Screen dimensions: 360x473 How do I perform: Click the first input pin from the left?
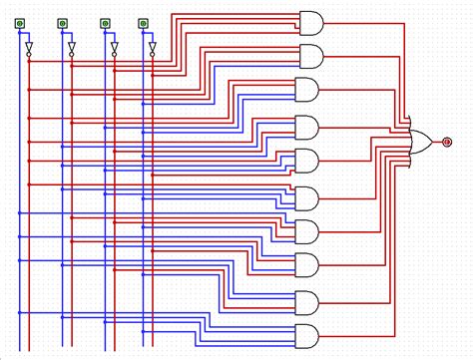(x=20, y=21)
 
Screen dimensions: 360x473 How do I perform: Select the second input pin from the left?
(x=62, y=21)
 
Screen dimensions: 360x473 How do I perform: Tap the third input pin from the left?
(x=105, y=21)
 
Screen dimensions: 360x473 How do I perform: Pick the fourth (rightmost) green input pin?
(x=142, y=21)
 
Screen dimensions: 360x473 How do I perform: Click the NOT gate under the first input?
(x=28, y=48)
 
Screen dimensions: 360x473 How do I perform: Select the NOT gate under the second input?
(x=70, y=48)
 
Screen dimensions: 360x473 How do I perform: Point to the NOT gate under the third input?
(x=113, y=48)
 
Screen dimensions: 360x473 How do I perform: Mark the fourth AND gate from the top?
(x=306, y=127)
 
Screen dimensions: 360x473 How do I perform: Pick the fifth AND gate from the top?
(x=306, y=160)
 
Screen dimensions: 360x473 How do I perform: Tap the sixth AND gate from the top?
(x=306, y=196)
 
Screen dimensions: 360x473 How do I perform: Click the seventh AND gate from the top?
(x=306, y=231)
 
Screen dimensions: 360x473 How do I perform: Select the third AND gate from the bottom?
(x=306, y=265)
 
